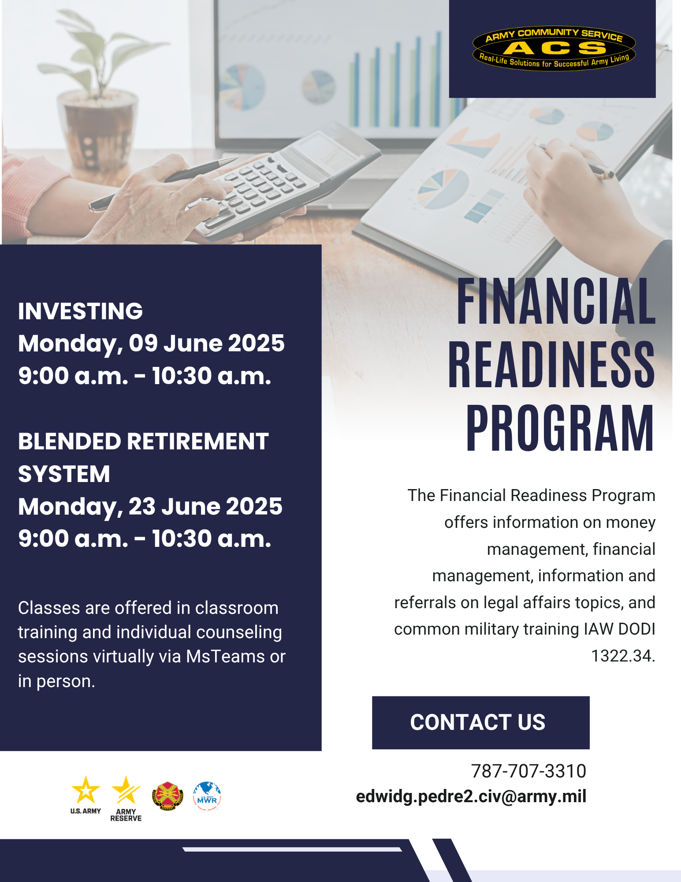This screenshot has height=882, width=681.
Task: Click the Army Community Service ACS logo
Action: (554, 48)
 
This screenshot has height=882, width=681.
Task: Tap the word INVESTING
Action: (81, 311)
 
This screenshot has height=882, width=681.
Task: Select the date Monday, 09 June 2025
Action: (151, 344)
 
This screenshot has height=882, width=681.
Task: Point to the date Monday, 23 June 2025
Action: (150, 507)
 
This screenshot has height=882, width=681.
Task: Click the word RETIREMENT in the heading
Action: (198, 441)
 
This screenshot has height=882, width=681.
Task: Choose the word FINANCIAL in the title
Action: (556, 302)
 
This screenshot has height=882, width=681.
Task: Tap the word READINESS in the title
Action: (551, 365)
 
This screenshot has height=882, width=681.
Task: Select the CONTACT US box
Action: (480, 722)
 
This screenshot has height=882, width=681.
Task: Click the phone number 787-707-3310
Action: (528, 771)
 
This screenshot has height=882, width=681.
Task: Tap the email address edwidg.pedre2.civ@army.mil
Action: (471, 796)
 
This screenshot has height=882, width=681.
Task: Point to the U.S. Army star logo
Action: (86, 795)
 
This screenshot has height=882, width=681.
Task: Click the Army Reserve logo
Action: (126, 798)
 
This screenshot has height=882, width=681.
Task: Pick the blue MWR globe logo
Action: (207, 796)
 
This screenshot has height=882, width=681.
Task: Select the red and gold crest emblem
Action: (167, 796)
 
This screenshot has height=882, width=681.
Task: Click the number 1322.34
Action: (623, 656)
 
